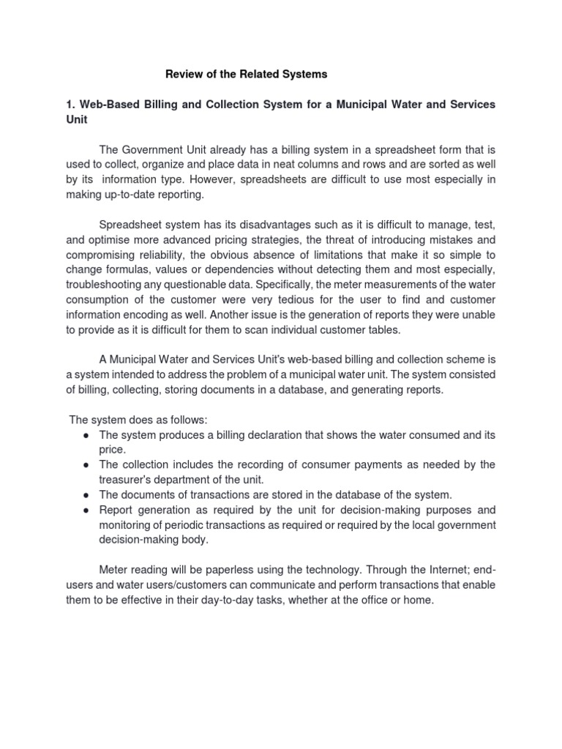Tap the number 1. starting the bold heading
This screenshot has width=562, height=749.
tap(70, 105)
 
